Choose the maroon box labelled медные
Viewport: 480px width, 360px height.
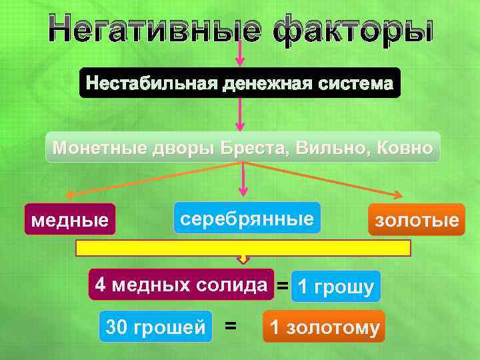[x=70, y=219]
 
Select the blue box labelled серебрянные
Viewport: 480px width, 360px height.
[x=247, y=218]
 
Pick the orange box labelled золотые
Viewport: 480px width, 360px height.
[x=417, y=220]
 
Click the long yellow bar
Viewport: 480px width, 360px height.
[x=243, y=249]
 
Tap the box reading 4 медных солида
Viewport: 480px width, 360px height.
[x=181, y=285]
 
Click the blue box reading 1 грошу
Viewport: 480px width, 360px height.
[x=336, y=287]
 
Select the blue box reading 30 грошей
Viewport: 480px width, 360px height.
[x=155, y=327]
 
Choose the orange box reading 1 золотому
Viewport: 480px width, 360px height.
[x=323, y=327]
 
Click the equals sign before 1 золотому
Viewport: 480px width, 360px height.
[x=231, y=326]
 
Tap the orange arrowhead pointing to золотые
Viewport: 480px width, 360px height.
[x=399, y=195]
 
